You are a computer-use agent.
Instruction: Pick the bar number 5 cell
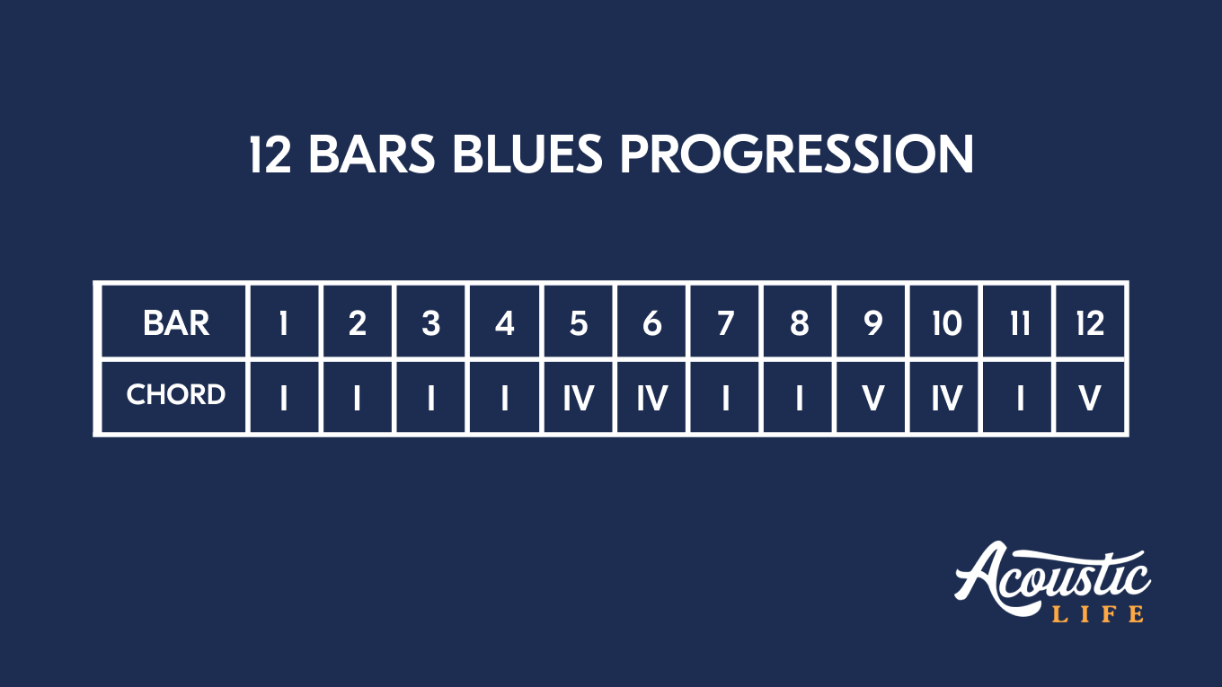[579, 322]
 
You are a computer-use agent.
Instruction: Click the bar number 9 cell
[872, 322]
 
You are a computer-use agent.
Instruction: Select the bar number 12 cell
[1090, 322]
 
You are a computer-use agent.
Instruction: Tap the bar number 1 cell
[284, 322]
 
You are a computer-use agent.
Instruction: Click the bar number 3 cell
[431, 322]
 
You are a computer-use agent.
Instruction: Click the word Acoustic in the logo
[1051, 575]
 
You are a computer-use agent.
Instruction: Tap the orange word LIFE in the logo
[1098, 614]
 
